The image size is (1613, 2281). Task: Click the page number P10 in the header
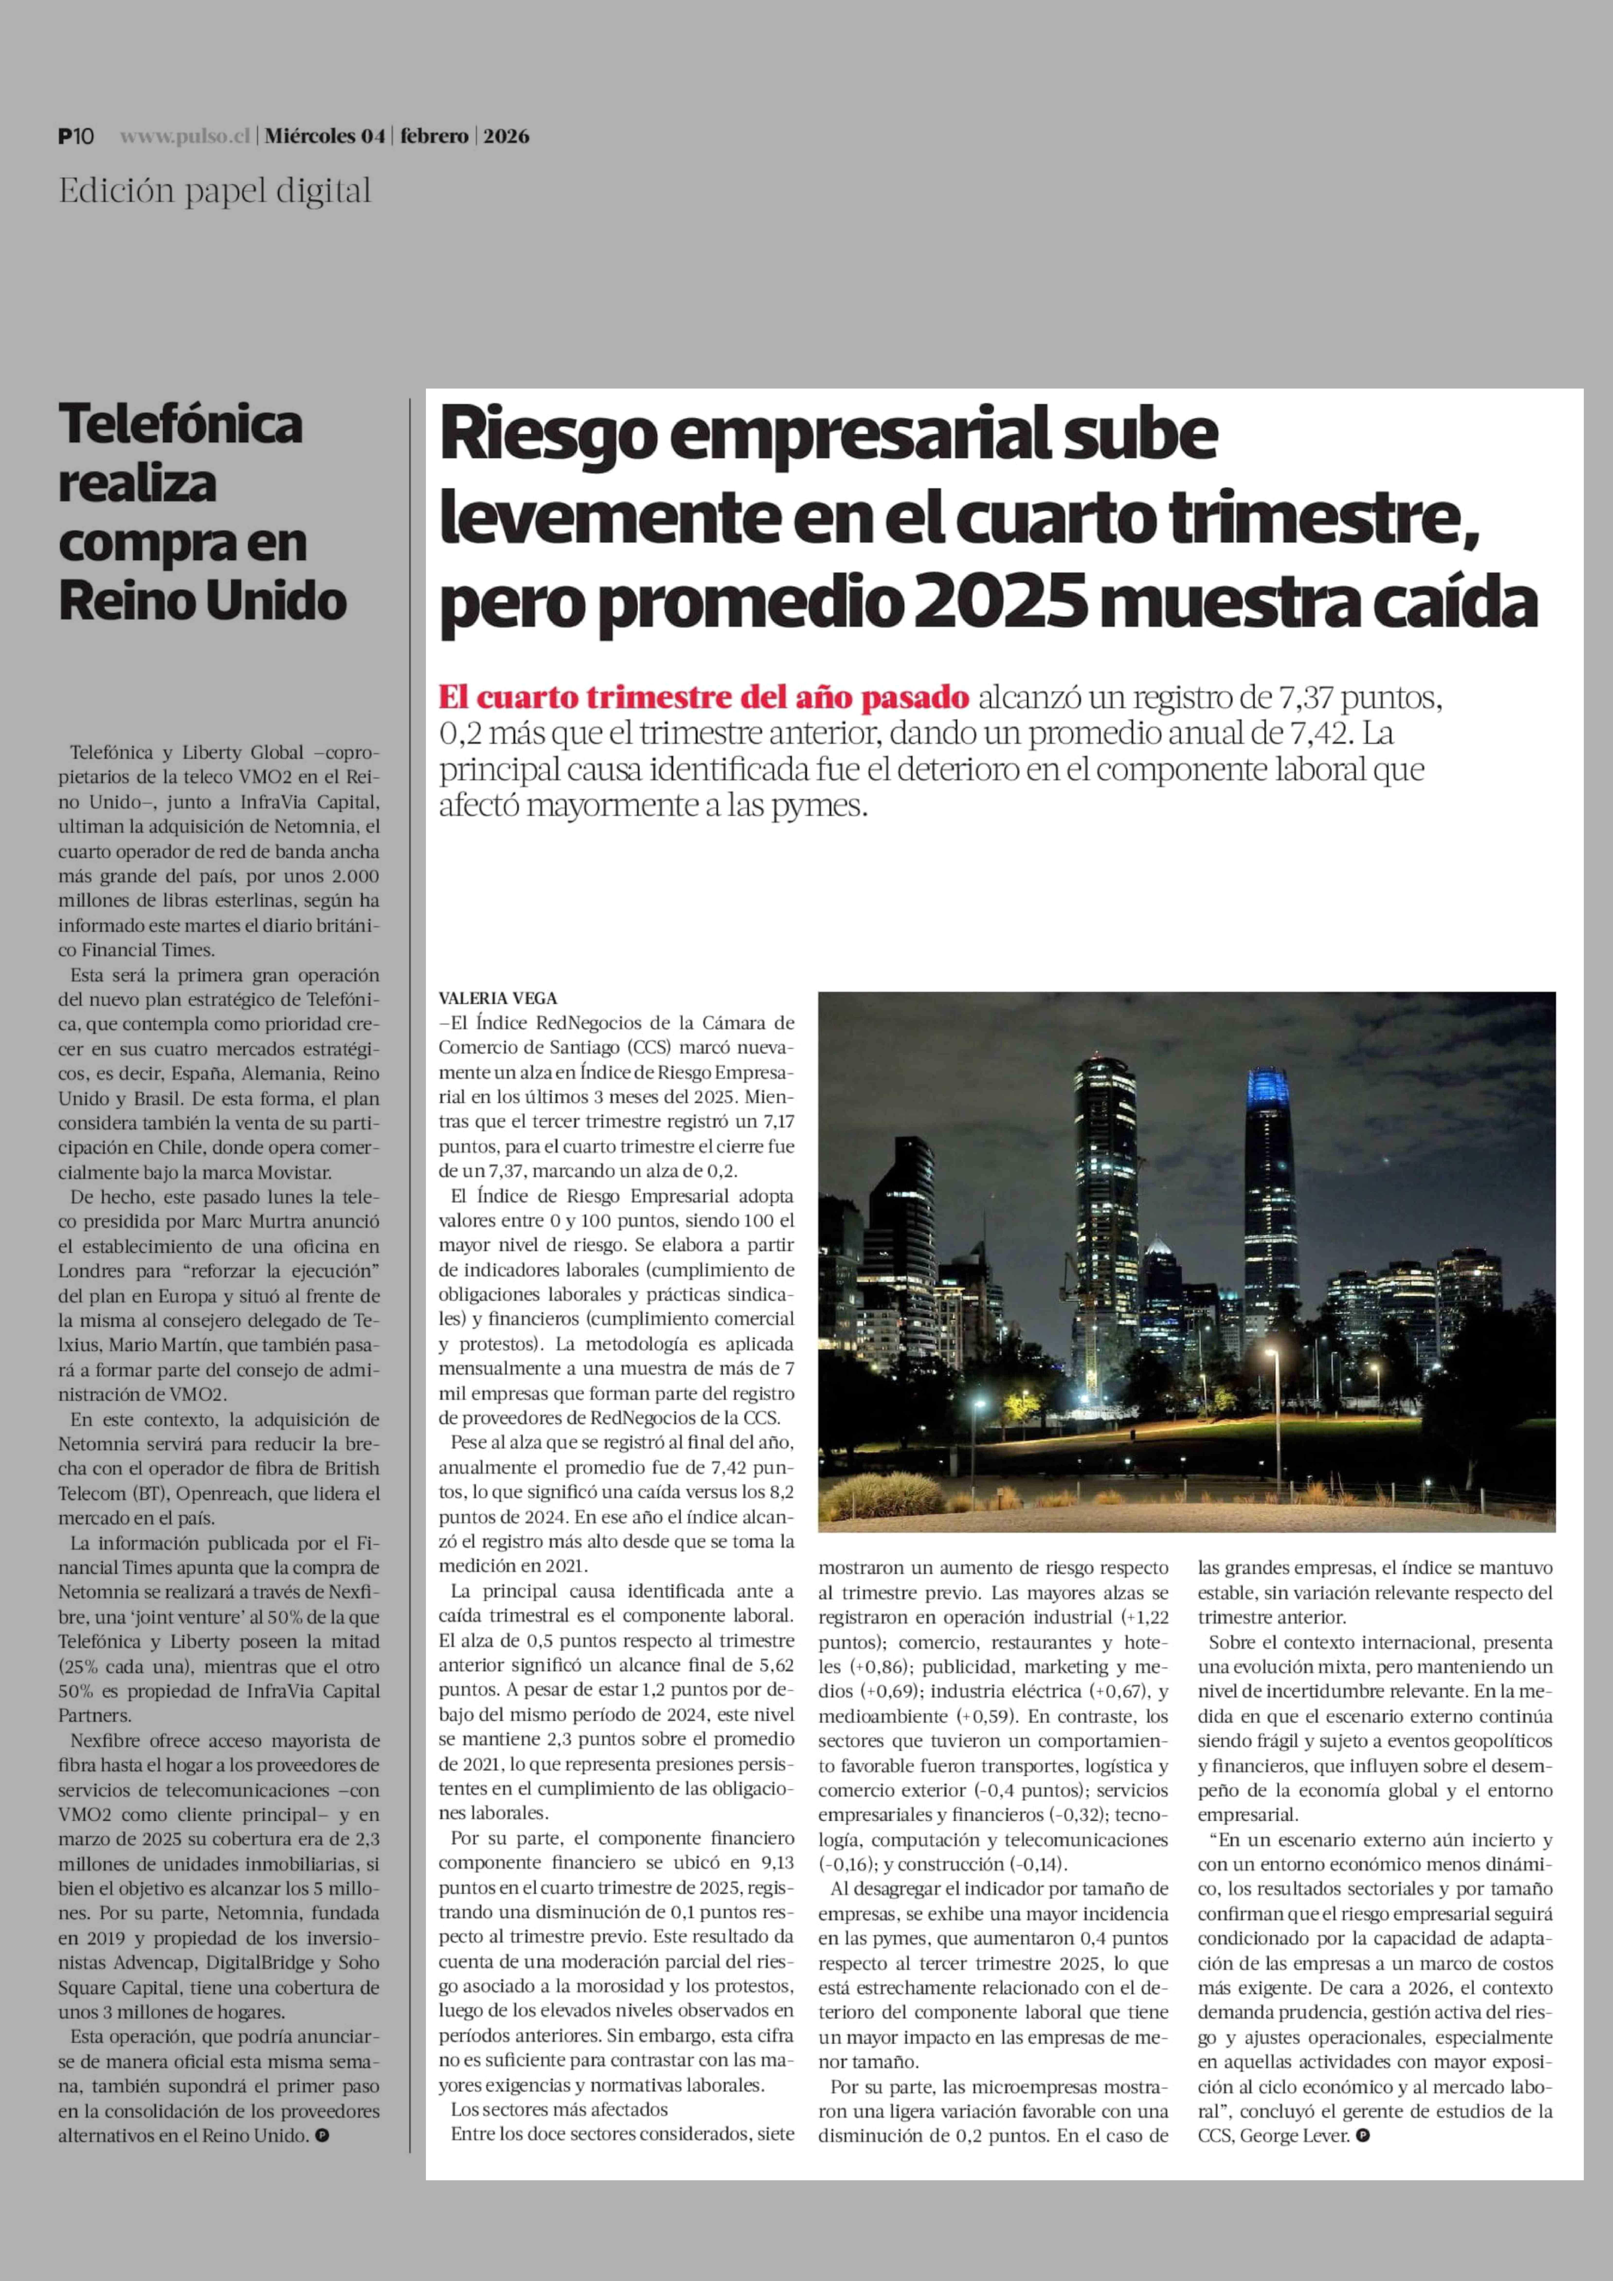pyautogui.click(x=75, y=136)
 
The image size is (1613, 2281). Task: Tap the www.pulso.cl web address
pyautogui.click(x=185, y=136)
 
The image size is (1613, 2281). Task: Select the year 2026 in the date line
pyautogui.click(x=506, y=136)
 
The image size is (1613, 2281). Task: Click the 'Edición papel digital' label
pyautogui.click(x=215, y=191)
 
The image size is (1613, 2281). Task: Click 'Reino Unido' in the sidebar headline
pyautogui.click(x=203, y=601)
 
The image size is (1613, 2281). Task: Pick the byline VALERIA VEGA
pyautogui.click(x=498, y=999)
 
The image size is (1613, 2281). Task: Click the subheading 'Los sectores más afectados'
pyautogui.click(x=559, y=2109)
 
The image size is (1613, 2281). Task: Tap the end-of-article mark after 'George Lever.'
pyautogui.click(x=1363, y=2135)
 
